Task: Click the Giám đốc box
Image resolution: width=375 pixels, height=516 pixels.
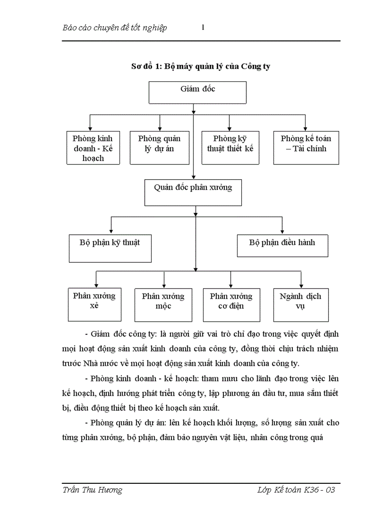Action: (x=198, y=92)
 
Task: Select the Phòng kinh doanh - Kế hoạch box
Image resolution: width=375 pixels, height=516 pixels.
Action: (x=93, y=148)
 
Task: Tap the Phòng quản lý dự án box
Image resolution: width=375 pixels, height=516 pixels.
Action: (x=159, y=148)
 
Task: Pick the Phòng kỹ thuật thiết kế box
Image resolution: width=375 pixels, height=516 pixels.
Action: (x=230, y=148)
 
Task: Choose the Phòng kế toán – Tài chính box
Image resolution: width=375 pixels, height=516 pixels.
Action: (x=306, y=148)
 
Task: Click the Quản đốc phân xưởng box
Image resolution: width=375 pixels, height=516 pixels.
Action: (x=193, y=193)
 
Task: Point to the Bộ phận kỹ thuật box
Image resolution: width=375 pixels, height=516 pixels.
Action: (x=109, y=248)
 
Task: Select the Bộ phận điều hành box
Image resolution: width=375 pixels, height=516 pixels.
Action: (x=282, y=245)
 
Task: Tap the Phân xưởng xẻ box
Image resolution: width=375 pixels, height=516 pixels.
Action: (x=95, y=304)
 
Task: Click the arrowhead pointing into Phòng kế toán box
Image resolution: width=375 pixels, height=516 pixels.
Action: (x=305, y=129)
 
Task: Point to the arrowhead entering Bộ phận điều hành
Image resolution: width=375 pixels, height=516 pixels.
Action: (x=282, y=231)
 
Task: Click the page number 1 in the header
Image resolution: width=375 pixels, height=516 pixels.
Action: (x=203, y=28)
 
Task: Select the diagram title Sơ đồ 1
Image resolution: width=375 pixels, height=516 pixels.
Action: (x=201, y=67)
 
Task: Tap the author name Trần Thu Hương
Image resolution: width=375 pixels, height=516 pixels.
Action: (x=92, y=490)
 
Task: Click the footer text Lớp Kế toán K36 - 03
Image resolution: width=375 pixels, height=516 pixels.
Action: (x=296, y=490)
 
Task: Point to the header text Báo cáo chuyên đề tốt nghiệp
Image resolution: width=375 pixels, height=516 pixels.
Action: (x=114, y=28)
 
